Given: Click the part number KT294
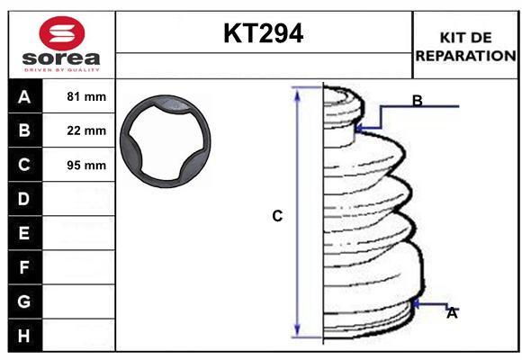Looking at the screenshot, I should (263, 33).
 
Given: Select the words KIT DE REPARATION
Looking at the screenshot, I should (465, 46).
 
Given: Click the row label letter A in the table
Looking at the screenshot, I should (23, 96).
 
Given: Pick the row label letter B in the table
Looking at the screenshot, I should (23, 130).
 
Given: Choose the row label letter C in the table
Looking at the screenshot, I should (23, 165).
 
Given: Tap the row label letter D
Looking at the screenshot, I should (23, 199).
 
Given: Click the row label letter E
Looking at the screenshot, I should (23, 233).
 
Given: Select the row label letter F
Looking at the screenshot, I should (23, 267).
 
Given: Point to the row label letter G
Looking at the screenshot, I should (23, 301).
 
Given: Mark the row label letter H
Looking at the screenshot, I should (23, 336).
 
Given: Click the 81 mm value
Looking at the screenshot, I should (86, 96).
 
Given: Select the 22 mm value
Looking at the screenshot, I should (86, 130).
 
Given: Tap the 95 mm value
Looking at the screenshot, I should (86, 165).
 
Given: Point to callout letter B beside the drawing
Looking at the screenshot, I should (417, 101).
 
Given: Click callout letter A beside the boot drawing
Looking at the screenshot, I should (452, 313).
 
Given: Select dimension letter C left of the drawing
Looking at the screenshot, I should (277, 216).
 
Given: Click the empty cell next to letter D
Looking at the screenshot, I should (81, 199).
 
